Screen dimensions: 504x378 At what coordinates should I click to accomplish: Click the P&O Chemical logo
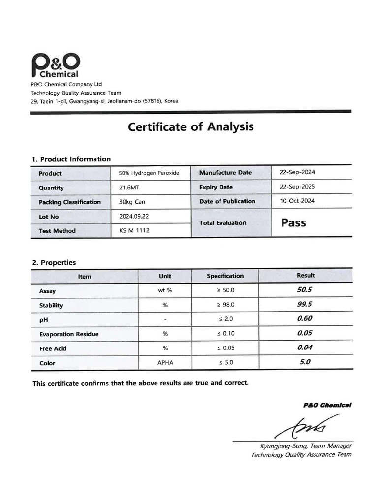[x=55, y=66]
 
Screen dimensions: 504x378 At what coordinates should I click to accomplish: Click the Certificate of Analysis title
[x=190, y=127]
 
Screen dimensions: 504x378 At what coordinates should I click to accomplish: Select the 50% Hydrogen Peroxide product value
[x=149, y=173]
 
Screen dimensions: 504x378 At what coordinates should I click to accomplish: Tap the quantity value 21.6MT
[x=129, y=188]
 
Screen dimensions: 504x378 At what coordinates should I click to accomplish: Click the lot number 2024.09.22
[x=134, y=216]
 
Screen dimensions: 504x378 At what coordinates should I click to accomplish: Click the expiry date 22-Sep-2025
[x=297, y=187]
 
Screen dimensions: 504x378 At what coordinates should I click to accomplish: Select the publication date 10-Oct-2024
[x=297, y=201]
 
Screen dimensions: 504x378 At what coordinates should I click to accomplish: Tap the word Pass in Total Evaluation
[x=293, y=223]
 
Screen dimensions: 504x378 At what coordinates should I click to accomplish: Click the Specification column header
[x=225, y=276]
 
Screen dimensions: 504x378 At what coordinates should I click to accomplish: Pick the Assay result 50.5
[x=305, y=290]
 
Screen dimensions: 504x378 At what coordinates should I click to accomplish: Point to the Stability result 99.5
[x=305, y=304]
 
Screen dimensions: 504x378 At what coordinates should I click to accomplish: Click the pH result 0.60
[x=305, y=318]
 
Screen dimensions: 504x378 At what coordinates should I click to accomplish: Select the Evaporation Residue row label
[x=69, y=334]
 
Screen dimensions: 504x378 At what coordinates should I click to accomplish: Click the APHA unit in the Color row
[x=165, y=363]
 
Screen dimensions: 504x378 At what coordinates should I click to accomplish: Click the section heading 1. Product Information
[x=71, y=159]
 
